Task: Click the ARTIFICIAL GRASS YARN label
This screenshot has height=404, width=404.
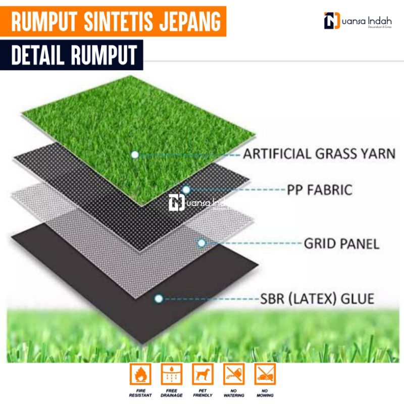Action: [319, 154]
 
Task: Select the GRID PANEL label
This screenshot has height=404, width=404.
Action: [341, 244]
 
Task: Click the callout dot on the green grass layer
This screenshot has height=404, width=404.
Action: [135, 155]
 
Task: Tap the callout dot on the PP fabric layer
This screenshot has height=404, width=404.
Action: [186, 190]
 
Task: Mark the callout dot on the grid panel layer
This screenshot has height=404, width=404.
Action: [201, 243]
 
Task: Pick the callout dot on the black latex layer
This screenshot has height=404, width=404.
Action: [159, 299]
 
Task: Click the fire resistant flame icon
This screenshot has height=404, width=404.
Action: [140, 374]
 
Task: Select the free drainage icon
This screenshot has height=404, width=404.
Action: [171, 374]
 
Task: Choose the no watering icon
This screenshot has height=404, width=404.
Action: [234, 374]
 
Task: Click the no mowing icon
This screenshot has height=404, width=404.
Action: [265, 374]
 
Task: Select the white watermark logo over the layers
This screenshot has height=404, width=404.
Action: [197, 203]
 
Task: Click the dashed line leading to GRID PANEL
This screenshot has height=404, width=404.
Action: [252, 243]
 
